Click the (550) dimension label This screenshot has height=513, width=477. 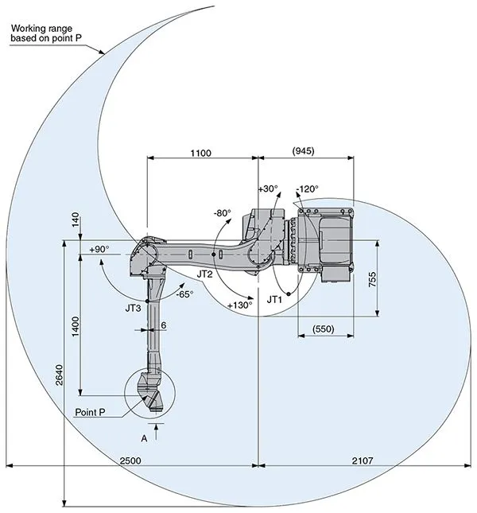(x=323, y=328)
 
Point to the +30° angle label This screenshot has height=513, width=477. (x=268, y=189)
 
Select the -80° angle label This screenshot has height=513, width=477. (x=222, y=213)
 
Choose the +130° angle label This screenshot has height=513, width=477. (x=239, y=305)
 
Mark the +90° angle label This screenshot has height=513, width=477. (x=99, y=249)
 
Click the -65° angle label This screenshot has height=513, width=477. (x=184, y=293)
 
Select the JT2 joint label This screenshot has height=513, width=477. (x=204, y=274)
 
